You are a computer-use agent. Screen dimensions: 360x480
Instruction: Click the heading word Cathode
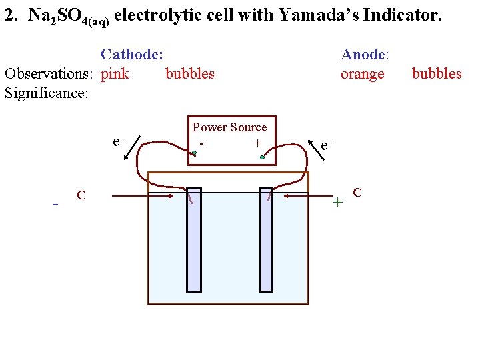[x=131, y=55]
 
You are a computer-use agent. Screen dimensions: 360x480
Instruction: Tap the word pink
[x=115, y=73]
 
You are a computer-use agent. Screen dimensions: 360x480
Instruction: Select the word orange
[x=362, y=73]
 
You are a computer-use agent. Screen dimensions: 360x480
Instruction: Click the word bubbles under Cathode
[x=190, y=73]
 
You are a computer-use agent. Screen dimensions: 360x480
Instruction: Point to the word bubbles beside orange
[x=437, y=73]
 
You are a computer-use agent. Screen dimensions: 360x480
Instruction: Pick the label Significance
[x=46, y=92]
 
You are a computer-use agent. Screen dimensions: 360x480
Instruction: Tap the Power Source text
[x=229, y=127]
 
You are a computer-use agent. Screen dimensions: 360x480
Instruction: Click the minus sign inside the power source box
[x=201, y=143]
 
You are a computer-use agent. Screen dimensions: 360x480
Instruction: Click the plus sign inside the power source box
[x=257, y=143]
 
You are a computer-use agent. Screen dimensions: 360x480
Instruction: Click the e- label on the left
[x=117, y=141]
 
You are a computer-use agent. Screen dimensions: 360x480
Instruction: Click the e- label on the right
[x=326, y=145]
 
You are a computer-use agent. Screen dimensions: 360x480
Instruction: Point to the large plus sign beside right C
[x=338, y=201]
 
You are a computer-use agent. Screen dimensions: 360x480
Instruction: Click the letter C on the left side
[x=81, y=195]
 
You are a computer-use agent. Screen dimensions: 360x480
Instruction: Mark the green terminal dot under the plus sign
[x=263, y=158]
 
